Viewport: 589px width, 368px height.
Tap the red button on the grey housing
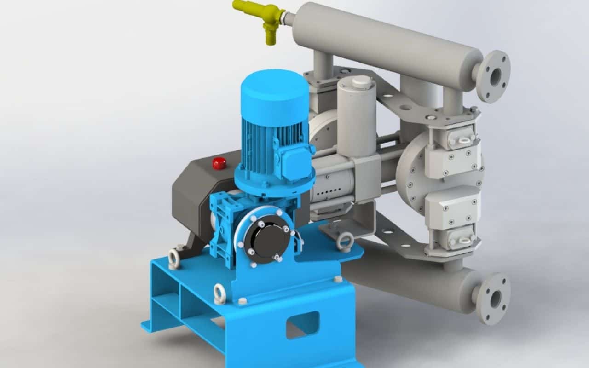[219, 163]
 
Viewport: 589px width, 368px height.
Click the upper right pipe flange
[493, 76]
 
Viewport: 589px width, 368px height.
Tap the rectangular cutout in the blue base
[303, 324]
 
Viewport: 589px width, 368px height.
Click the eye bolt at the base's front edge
[220, 294]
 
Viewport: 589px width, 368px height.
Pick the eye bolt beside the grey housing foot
[174, 259]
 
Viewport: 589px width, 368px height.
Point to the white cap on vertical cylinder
[361, 82]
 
